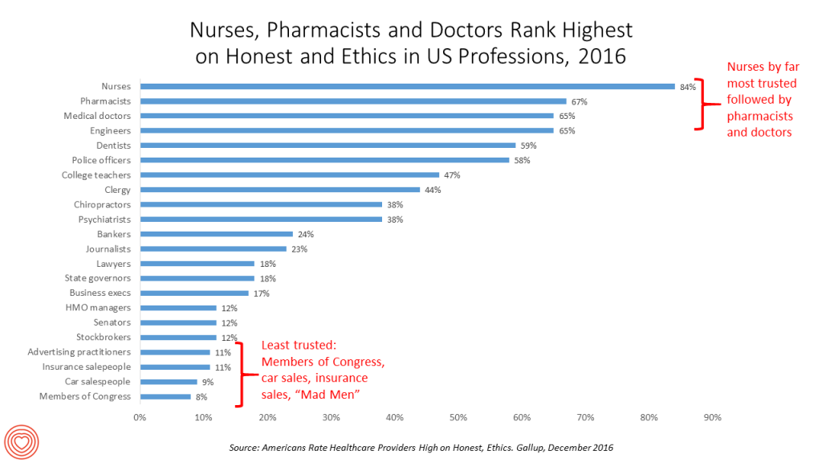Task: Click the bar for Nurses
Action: tap(407, 87)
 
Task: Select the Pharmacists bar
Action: tap(353, 101)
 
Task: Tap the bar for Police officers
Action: tap(324, 160)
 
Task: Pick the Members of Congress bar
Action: tap(165, 396)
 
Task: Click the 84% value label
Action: tap(687, 87)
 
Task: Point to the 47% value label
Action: tap(451, 175)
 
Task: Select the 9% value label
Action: tap(208, 382)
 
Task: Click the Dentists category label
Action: tap(114, 145)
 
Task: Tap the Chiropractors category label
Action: tap(103, 204)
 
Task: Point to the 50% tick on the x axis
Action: tap(458, 417)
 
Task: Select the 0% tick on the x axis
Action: tap(140, 417)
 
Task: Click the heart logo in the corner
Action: tap(22, 440)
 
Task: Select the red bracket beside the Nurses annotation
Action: tap(701, 104)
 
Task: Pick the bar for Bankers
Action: tap(216, 234)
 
